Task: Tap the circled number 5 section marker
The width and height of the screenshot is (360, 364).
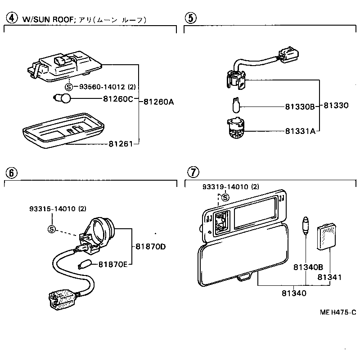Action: pyautogui.click(x=191, y=19)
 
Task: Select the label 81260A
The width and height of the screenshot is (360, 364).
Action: pyautogui.click(x=158, y=102)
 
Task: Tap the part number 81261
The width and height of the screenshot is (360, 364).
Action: pyautogui.click(x=120, y=144)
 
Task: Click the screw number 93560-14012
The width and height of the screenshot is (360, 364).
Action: pyautogui.click(x=100, y=87)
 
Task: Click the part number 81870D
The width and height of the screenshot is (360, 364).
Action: pyautogui.click(x=151, y=246)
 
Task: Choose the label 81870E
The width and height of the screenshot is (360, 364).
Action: pyautogui.click(x=113, y=264)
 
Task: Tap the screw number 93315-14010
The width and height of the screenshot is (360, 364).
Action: pyautogui.click(x=52, y=209)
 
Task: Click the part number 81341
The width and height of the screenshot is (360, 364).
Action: pyautogui.click(x=329, y=277)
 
